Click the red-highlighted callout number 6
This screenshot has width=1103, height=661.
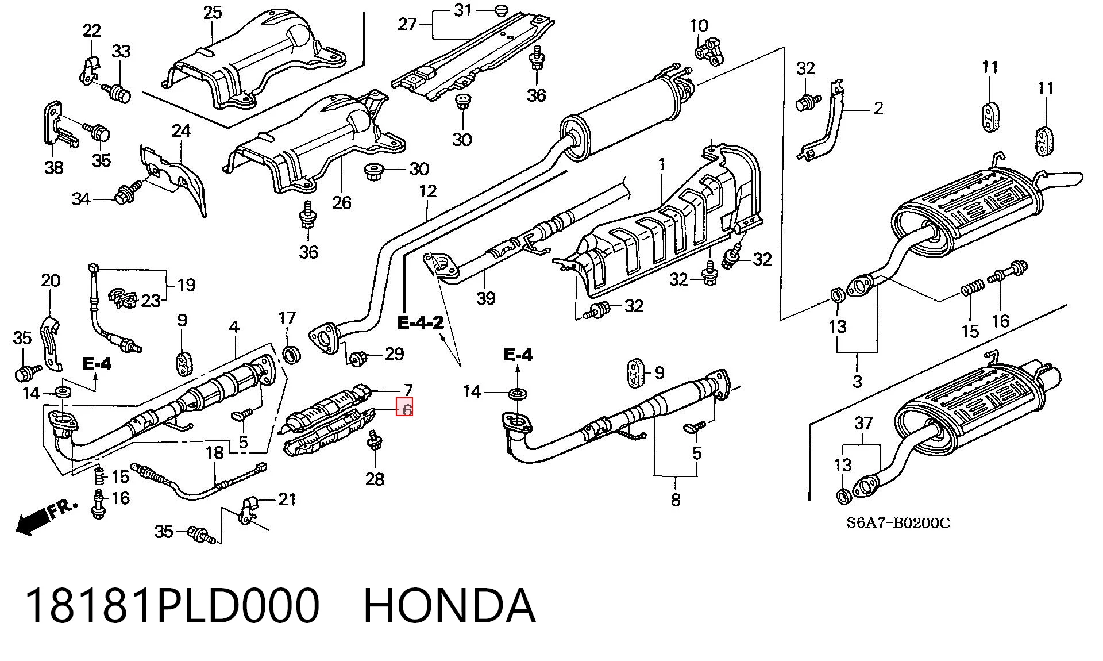[x=406, y=409]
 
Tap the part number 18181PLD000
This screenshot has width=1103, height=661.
[x=172, y=606]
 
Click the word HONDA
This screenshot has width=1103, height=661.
[x=450, y=606]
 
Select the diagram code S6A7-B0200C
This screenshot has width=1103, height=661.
[x=898, y=523]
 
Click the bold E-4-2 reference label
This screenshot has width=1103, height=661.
[x=421, y=323]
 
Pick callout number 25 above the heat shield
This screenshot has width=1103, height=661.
[x=213, y=12]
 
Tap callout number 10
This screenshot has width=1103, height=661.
[x=699, y=25]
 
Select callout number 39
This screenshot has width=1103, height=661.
[x=485, y=298]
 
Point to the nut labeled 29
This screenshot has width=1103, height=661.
[x=358, y=358]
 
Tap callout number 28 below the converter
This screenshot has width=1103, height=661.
[x=375, y=479]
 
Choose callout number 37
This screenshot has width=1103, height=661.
[x=863, y=424]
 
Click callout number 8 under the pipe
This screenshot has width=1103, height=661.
[x=676, y=499]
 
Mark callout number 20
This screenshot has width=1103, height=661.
[x=51, y=280]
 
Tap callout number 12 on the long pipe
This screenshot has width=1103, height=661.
[x=428, y=191]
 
